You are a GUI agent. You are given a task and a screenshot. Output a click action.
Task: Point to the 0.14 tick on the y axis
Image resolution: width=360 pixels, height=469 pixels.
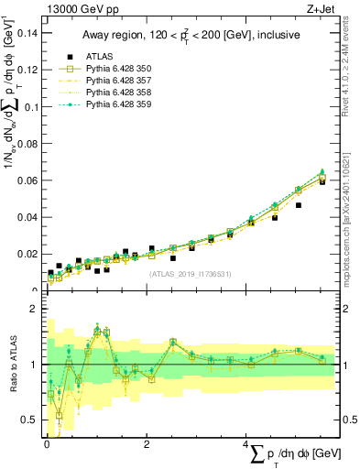pos(29,33)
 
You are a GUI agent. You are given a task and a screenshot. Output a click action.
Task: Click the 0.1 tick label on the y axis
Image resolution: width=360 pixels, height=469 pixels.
pos(32,107)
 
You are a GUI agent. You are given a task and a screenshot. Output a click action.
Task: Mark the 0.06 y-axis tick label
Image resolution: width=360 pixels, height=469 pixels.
pos(29,180)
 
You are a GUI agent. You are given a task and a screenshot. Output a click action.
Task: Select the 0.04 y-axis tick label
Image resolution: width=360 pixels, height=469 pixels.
pos(29,217)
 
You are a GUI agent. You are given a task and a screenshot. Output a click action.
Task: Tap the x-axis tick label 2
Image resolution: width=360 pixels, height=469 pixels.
pos(147,444)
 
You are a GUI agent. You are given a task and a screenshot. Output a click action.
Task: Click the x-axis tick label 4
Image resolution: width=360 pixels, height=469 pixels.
pos(246,444)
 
